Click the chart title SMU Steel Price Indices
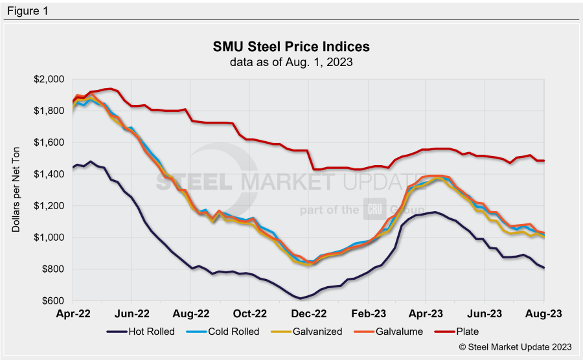pyautogui.click(x=291, y=47)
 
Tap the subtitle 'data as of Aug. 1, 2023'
pyautogui.click(x=291, y=62)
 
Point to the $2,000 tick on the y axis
pyautogui.click(x=51, y=80)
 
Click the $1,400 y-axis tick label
pyautogui.click(x=51, y=174)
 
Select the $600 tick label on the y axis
pyautogui.click(x=53, y=301)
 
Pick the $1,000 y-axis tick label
pyautogui.click(x=51, y=238)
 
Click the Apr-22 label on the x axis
pyautogui.click(x=73, y=313)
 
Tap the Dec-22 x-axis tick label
pyautogui.click(x=309, y=313)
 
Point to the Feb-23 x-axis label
pyautogui.click(x=368, y=313)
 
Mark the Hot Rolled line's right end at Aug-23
pyautogui.click(x=543, y=267)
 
